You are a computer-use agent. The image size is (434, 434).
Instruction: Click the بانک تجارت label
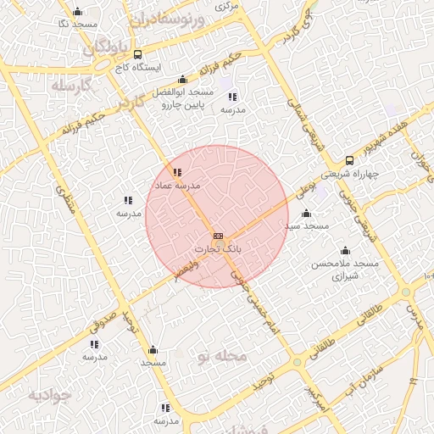coord(219,249)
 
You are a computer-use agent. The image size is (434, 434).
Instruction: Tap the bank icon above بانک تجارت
coord(218,236)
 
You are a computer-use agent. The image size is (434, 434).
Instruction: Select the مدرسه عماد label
coord(176,185)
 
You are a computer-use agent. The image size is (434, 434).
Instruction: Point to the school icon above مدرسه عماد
coord(177,173)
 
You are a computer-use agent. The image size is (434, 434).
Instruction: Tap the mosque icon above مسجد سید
coord(307,214)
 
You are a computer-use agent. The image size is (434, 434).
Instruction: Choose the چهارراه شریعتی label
coord(350,175)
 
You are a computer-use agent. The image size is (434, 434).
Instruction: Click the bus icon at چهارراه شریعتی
coord(349,161)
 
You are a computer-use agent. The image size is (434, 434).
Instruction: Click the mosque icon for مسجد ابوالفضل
coord(181,80)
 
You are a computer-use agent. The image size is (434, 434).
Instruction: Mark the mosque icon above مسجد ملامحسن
coord(345,250)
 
